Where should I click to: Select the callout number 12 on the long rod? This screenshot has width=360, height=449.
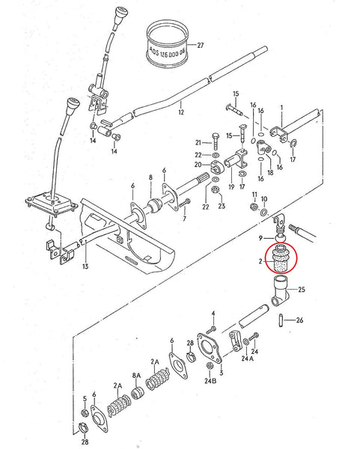click(180, 113)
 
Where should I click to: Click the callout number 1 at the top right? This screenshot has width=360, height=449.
click(281, 107)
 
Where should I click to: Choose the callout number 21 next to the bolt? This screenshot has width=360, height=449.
click(198, 142)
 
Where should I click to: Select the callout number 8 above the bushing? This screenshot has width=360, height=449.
click(150, 177)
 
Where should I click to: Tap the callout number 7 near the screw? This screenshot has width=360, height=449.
click(184, 220)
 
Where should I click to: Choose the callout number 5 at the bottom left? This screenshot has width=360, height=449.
click(84, 399)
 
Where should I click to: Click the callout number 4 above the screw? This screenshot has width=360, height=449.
click(213, 314)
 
